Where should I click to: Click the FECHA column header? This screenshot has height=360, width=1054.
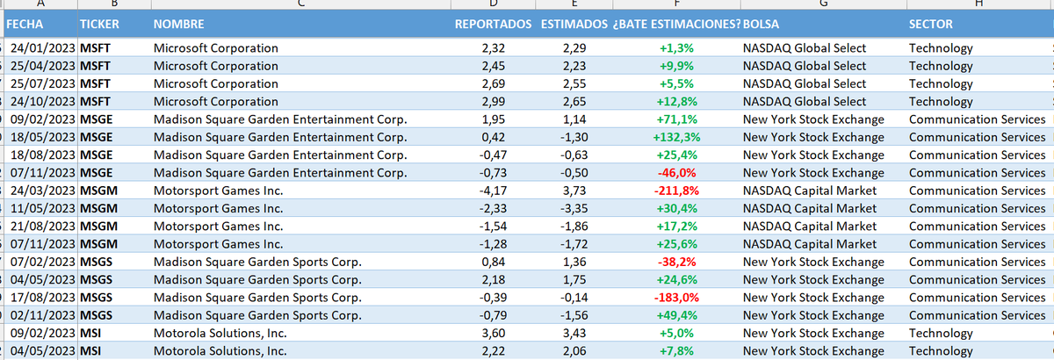tap(31, 24)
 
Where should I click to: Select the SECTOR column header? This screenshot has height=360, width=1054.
tap(932, 24)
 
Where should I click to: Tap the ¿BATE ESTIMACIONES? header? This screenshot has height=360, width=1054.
tap(675, 24)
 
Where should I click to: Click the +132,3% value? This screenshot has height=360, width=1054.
tap(676, 137)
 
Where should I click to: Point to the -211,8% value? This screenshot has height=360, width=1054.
tap(676, 191)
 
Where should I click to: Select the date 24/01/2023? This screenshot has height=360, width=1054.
tap(43, 48)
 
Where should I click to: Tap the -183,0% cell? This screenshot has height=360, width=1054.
tap(676, 298)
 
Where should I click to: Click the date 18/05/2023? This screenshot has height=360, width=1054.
tap(43, 137)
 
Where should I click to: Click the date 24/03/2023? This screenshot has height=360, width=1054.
tap(43, 191)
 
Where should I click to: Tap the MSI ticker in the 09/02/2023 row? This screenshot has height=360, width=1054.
tap(91, 333)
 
